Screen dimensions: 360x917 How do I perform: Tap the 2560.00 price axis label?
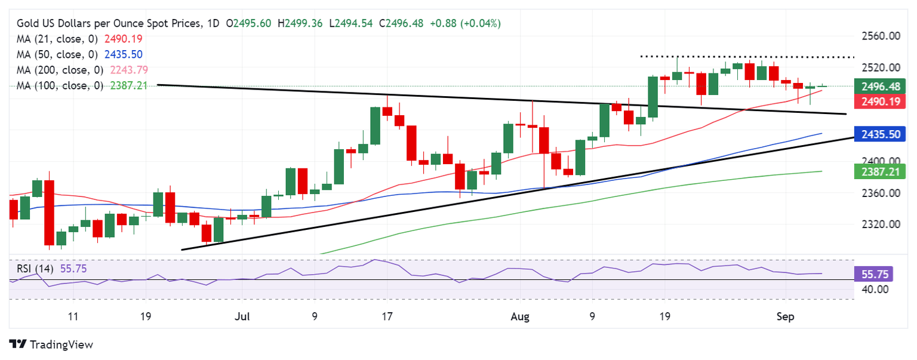click(x=881, y=36)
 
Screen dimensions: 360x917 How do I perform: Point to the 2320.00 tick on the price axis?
click(x=881, y=224)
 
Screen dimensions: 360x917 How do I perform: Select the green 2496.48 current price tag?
click(x=881, y=86)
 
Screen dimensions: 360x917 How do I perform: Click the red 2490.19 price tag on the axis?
click(x=881, y=102)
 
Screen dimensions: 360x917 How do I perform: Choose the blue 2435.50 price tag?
click(x=881, y=134)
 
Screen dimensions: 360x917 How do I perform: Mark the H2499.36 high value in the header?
click(x=302, y=23)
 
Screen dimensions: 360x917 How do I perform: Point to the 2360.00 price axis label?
click(x=881, y=193)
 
